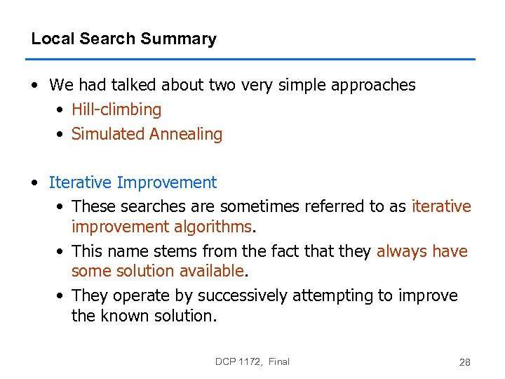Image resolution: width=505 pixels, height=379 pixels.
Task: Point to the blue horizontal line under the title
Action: click(252, 59)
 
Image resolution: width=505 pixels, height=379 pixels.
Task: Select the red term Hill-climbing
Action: click(116, 110)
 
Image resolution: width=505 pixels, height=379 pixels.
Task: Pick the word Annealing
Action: click(185, 134)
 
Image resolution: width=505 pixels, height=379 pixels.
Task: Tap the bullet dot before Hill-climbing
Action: click(61, 110)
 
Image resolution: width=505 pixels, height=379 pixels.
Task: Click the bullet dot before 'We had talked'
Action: click(35, 86)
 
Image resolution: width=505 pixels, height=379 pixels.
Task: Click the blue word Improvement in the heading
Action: click(167, 183)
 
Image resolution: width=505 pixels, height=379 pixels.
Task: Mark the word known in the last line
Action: click(123, 316)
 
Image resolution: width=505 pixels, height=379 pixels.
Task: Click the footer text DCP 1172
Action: click(239, 361)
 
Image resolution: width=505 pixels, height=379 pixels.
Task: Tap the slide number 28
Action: click(464, 362)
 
